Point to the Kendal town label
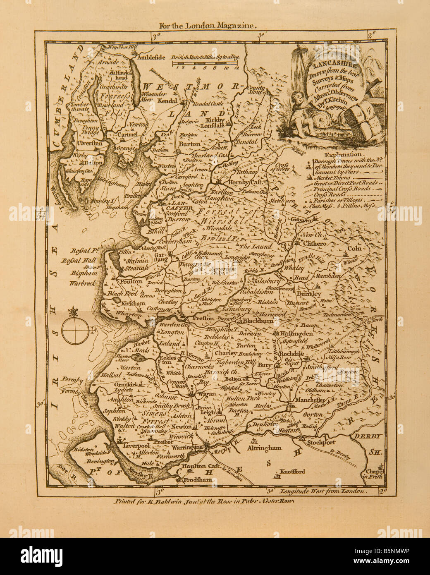pyautogui.click(x=168, y=101)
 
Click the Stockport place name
pyautogui.click(x=322, y=442)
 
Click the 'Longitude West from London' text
pyautogui.click(x=322, y=492)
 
